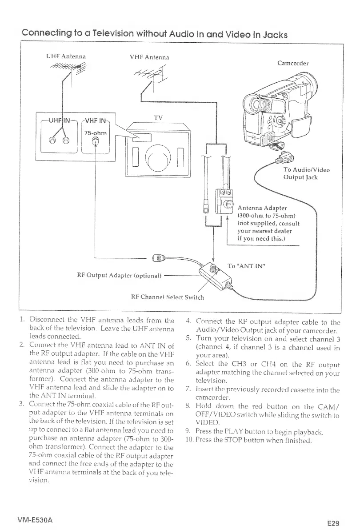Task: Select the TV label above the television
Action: [159, 118]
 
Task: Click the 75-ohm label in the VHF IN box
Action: [95, 133]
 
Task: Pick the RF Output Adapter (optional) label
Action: [118, 275]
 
